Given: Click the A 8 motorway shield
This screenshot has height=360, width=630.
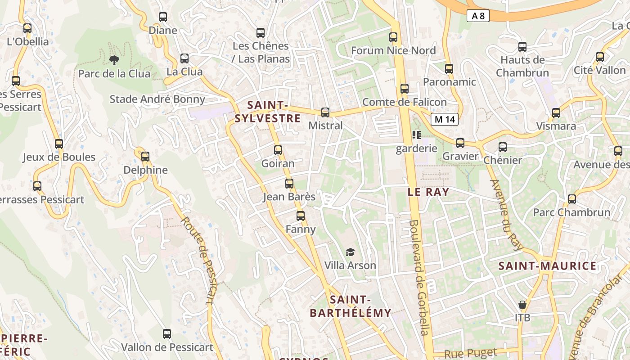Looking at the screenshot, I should coord(478,16).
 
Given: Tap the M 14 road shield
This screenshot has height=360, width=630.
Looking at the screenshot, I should coord(445,119).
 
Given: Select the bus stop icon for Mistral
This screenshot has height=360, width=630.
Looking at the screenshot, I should coord(325,112).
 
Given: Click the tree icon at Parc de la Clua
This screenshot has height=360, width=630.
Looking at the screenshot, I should coord(114,60).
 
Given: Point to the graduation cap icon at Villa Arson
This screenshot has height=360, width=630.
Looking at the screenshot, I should coord(350,252).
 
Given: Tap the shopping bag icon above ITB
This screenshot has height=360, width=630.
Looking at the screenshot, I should coord(522,305).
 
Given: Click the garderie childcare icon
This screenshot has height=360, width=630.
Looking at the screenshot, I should coord(416,135).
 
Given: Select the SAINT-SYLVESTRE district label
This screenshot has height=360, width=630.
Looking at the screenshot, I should coord(267,112).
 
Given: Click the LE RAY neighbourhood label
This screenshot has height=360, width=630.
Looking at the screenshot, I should coord(428,192).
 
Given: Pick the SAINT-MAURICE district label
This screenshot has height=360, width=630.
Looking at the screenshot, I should coord(547,266).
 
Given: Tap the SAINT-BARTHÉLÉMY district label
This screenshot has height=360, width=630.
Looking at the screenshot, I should coord(351,306).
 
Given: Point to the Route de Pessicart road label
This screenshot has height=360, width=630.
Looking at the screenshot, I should coord(198,261).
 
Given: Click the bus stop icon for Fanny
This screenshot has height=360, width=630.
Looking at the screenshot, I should coord(301,216).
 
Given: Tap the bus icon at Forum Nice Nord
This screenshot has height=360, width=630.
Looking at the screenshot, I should coord(393,37).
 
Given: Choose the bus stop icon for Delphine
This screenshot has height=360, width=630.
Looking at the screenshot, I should coord(145,157).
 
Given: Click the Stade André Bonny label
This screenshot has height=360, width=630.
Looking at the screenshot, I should coord(157,99).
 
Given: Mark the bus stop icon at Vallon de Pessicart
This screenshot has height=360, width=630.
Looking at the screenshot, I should coord(167,334).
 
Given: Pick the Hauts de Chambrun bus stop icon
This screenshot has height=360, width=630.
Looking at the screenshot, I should coord(522,46).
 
